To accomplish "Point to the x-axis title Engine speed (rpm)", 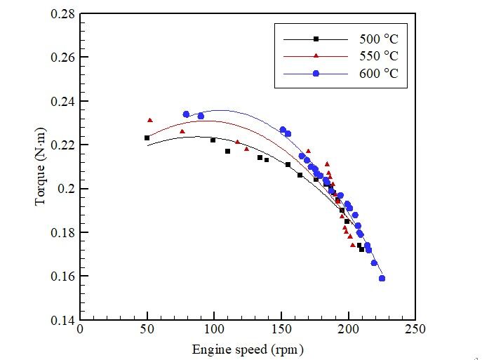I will point(248,349).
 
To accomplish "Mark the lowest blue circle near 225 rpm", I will point(382,279).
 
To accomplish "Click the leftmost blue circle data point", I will point(186,114).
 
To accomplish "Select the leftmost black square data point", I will point(147,138).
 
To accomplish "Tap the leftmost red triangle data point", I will point(149,121).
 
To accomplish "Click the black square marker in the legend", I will point(316,39).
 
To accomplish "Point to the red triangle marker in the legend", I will point(316,56).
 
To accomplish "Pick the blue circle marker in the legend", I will point(316,74).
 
